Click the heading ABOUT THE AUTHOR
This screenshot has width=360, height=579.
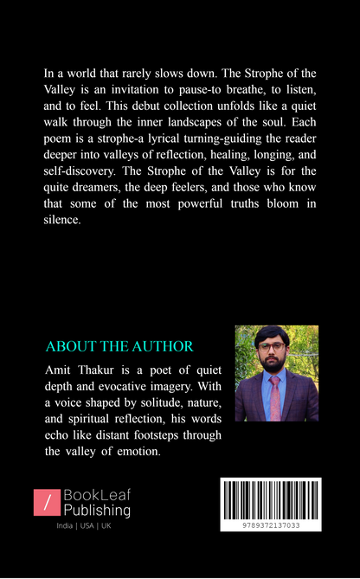tap(119, 346)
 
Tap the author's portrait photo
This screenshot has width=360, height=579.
tap(277, 373)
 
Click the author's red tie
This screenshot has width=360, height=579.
tap(275, 397)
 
